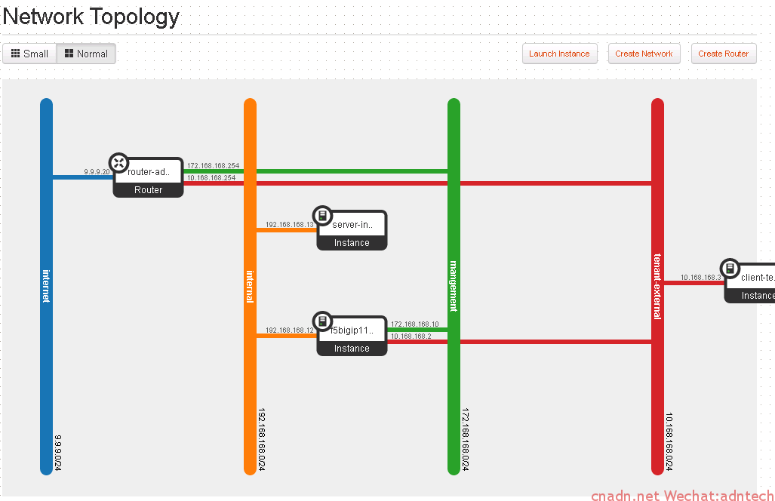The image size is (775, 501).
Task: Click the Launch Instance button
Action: pyautogui.click(x=559, y=54)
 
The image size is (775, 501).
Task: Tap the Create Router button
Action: pyautogui.click(x=723, y=54)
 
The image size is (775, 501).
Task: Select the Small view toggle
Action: pyautogui.click(x=29, y=54)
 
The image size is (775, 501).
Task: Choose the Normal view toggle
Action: pyautogui.click(x=87, y=54)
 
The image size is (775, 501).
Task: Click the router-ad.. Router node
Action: pyautogui.click(x=148, y=177)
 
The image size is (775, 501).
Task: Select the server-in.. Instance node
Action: pyautogui.click(x=352, y=230)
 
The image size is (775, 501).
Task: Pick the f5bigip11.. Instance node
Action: pyautogui.click(x=352, y=336)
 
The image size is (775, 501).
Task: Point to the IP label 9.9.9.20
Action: pyautogui.click(x=97, y=172)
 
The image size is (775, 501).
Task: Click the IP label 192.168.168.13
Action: pyautogui.click(x=290, y=225)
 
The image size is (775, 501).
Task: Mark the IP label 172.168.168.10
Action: pyautogui.click(x=415, y=324)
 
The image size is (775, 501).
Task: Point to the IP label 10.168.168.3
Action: pyautogui.click(x=701, y=277)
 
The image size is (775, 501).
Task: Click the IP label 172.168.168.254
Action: pyautogui.click(x=213, y=165)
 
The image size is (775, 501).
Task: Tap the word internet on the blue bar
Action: pyautogui.click(x=46, y=286)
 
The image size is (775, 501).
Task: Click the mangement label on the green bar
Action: pyautogui.click(x=454, y=286)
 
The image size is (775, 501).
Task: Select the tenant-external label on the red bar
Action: pyautogui.click(x=657, y=287)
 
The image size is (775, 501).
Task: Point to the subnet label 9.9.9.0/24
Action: pyautogui.click(x=58, y=453)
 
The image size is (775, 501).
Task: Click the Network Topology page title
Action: pyautogui.click(x=91, y=17)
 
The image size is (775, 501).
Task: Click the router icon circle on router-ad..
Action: pyautogui.click(x=118, y=163)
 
